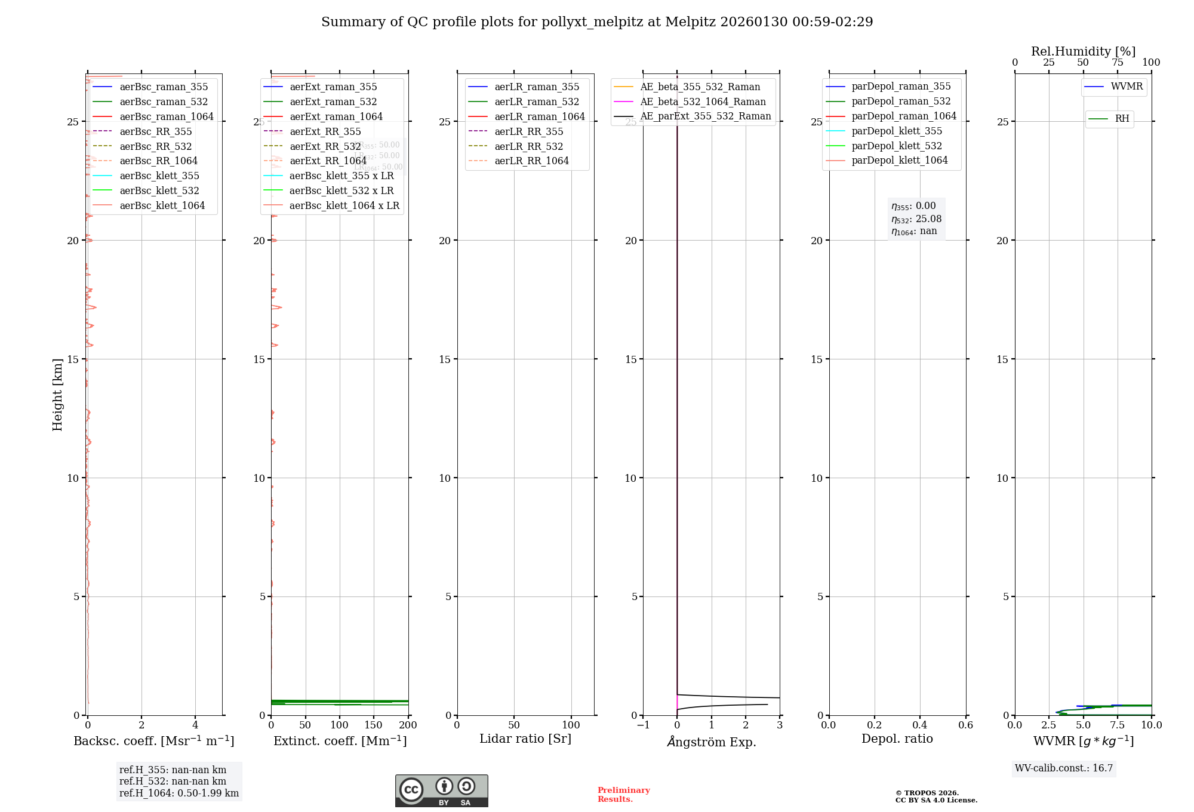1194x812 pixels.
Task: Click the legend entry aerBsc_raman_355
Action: (x=164, y=87)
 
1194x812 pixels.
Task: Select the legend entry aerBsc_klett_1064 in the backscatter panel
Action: (x=162, y=205)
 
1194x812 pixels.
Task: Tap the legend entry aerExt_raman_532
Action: (x=333, y=102)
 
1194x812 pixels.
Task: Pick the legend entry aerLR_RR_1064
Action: (x=531, y=161)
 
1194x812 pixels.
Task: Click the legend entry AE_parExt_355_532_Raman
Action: (x=705, y=116)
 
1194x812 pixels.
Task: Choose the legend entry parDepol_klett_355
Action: (x=897, y=131)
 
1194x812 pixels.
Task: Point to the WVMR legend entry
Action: (x=1127, y=87)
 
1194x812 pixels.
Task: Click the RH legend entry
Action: (x=1122, y=119)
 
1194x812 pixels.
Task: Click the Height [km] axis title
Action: (x=57, y=395)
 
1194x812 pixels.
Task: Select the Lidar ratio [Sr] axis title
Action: (x=525, y=739)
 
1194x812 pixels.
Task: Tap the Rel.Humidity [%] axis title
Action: (x=1083, y=51)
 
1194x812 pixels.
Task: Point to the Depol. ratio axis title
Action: (x=897, y=739)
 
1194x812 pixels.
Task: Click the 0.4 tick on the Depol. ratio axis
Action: (x=920, y=725)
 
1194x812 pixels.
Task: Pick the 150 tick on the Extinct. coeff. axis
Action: (x=374, y=725)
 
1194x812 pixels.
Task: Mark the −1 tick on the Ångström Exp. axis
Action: (x=643, y=725)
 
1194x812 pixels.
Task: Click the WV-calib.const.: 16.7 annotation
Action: (x=1064, y=768)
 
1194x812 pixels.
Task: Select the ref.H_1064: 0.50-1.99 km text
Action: (x=179, y=793)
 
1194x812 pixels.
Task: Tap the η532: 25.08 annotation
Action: (x=916, y=219)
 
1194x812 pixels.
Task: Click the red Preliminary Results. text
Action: (x=623, y=795)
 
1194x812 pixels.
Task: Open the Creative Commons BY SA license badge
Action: (x=441, y=791)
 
